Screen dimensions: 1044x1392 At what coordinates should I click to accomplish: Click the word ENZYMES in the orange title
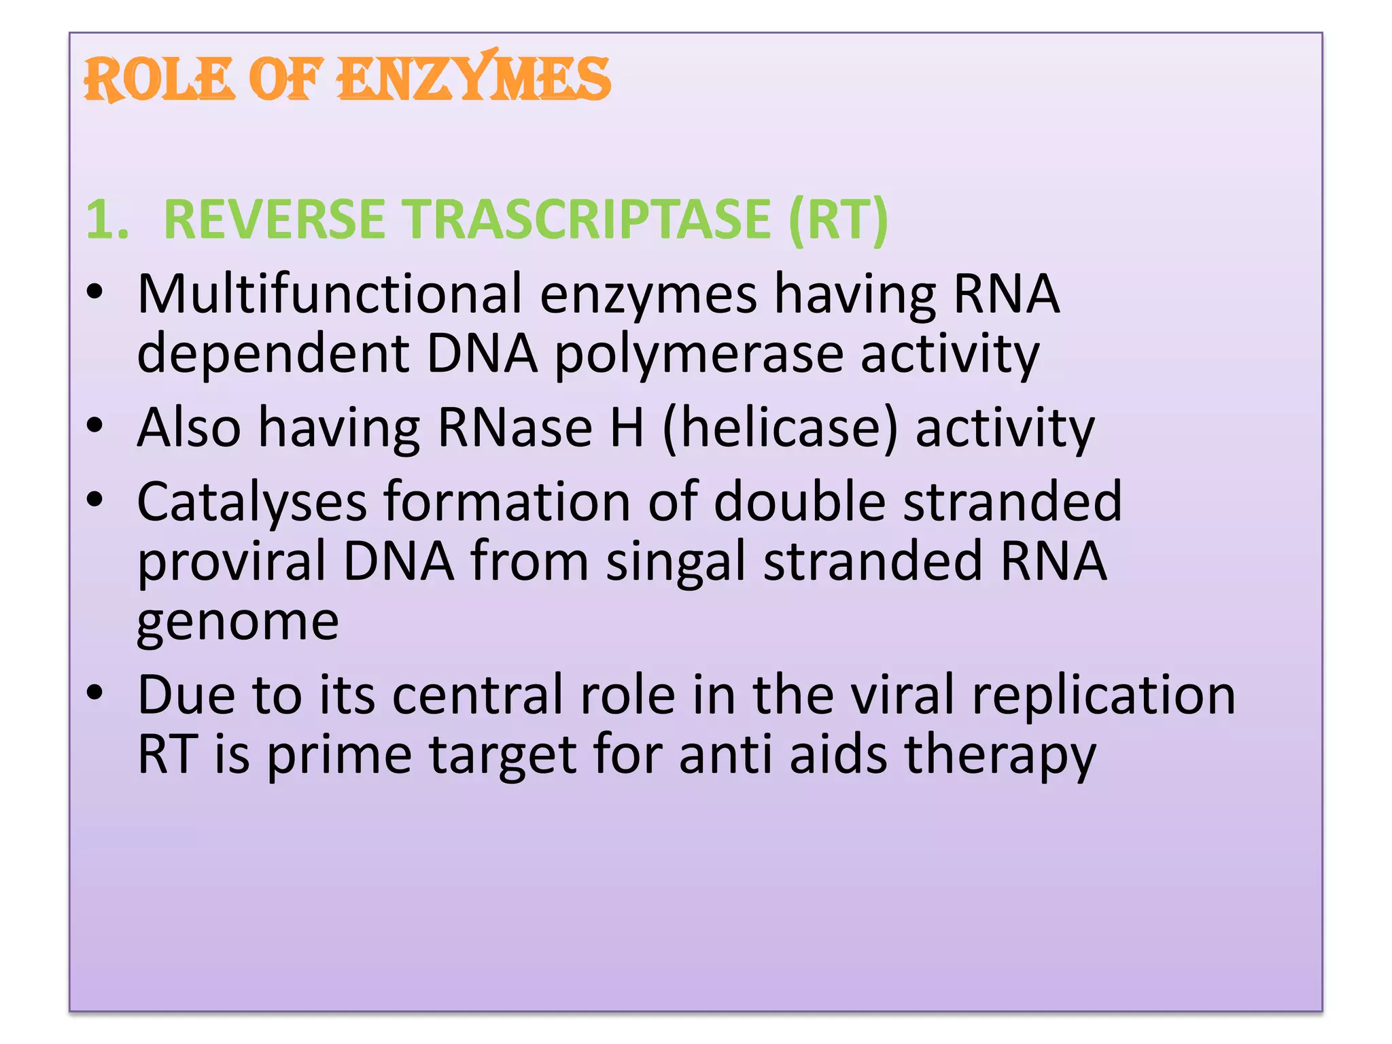coord(474,79)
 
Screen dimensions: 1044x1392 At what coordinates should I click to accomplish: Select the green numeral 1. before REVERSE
coord(107,220)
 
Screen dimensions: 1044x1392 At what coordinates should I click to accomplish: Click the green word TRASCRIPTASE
coord(589,220)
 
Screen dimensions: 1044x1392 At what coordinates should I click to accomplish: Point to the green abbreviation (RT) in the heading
coord(838,220)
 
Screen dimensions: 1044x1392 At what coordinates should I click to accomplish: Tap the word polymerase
coord(699,354)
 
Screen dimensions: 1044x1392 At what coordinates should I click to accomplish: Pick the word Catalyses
coord(252,502)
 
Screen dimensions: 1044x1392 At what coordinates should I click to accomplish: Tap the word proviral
coord(232,561)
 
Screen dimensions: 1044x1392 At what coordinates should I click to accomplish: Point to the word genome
coord(238,621)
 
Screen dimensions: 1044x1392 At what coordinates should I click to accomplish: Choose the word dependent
coord(273,354)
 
